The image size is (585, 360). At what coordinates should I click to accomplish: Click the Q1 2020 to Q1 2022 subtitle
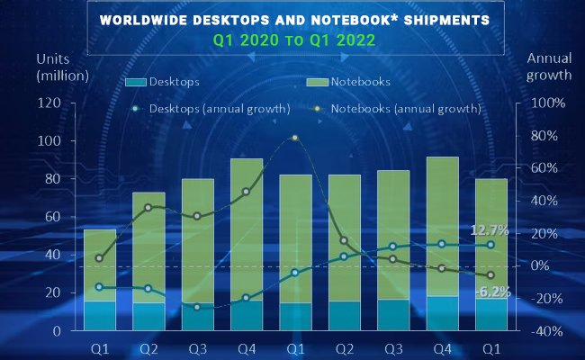[292, 40]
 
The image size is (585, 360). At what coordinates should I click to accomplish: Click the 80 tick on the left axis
[52, 179]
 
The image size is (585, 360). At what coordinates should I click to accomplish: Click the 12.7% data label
[490, 230]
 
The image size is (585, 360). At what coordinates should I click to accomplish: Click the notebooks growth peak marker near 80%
[294, 138]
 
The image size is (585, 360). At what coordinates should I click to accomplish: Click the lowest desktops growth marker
[196, 307]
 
